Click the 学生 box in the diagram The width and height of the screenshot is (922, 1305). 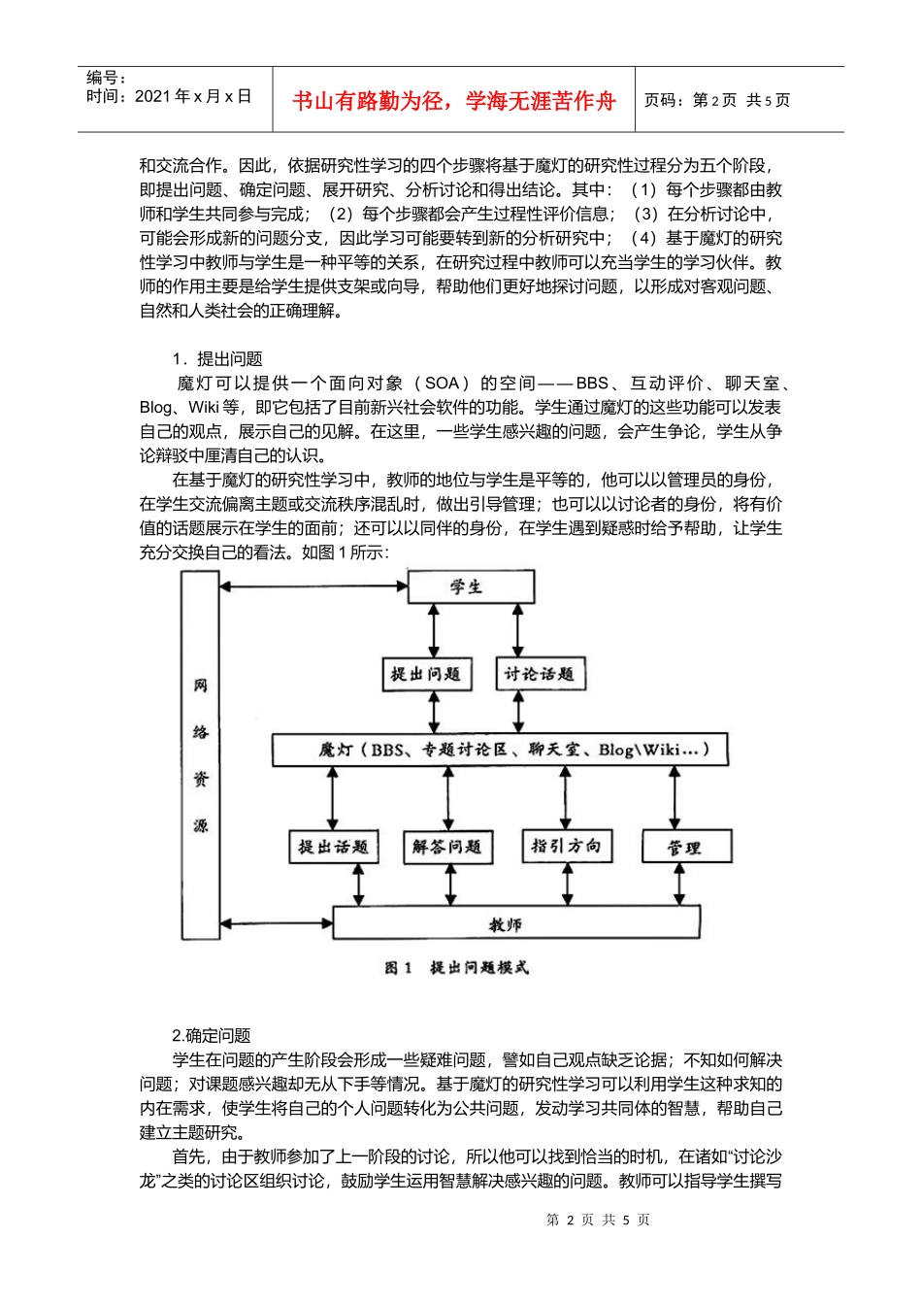pyautogui.click(x=471, y=586)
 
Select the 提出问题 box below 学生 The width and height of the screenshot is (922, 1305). pyautogui.click(x=426, y=674)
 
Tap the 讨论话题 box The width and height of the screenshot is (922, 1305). pyautogui.click(x=540, y=674)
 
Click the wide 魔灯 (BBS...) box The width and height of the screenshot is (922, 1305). pyautogui.click(x=500, y=750)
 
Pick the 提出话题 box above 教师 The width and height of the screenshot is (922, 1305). pyautogui.click(x=333, y=847)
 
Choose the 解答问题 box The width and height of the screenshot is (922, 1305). pyautogui.click(x=447, y=847)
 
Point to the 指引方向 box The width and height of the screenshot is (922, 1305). pyautogui.click(x=566, y=846)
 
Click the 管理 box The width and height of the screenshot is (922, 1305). pyautogui.click(x=685, y=847)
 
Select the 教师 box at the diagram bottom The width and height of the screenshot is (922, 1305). pyautogui.click(x=516, y=923)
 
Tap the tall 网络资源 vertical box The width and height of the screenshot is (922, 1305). pyautogui.click(x=200, y=754)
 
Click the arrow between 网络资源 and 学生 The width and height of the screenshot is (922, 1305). pyautogui.click(x=313, y=586)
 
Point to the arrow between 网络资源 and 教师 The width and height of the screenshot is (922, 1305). pyautogui.click(x=276, y=923)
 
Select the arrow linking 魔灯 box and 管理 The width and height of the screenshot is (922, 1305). pyautogui.click(x=676, y=798)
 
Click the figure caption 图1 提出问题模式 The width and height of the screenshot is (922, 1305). pyautogui.click(x=456, y=968)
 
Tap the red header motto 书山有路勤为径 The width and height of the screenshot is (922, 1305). pyautogui.click(x=453, y=101)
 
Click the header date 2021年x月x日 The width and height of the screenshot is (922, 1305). pyautogui.click(x=169, y=96)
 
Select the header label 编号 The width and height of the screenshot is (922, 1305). pyautogui.click(x=106, y=78)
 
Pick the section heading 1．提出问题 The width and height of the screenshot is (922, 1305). pyautogui.click(x=217, y=358)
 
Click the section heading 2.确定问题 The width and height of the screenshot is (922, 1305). pyautogui.click(x=212, y=1035)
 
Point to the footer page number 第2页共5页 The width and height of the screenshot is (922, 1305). pyautogui.click(x=598, y=1220)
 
